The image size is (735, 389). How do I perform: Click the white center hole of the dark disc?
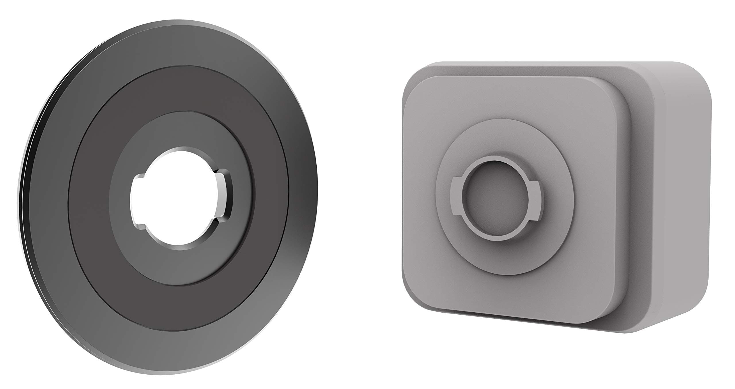[x=175, y=198]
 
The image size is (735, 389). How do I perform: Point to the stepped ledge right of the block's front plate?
[x=626, y=201]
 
